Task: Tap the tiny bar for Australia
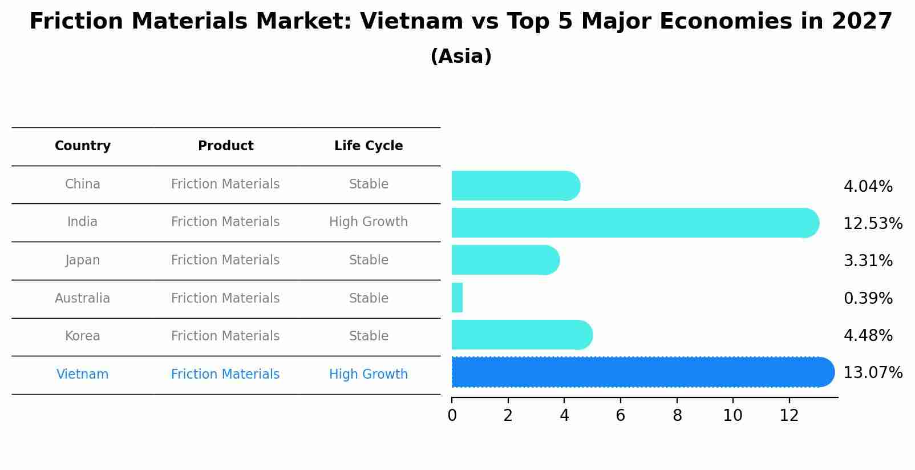point(457,298)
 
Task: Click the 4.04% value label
point(868,187)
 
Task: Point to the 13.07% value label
point(872,373)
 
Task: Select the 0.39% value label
point(868,298)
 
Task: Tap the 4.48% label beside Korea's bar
point(868,335)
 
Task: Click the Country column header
point(83,146)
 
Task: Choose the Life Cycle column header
point(369,146)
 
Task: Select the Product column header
point(225,146)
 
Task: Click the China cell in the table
point(83,184)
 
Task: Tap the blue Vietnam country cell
point(83,375)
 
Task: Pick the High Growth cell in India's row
point(369,222)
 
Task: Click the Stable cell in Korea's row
point(369,336)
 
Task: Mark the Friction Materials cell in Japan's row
point(225,260)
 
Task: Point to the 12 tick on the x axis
point(789,416)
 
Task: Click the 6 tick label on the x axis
point(620,416)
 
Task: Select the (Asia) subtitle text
point(461,57)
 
